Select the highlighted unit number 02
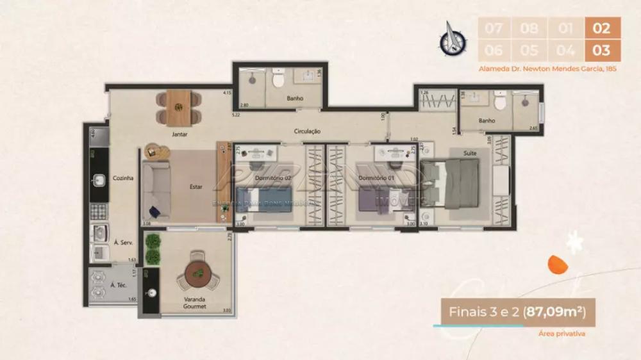pyautogui.click(x=602, y=28)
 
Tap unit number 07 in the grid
pyautogui.click(x=493, y=28)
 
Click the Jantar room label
pyautogui.click(x=179, y=135)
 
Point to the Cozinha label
pyautogui.click(x=123, y=178)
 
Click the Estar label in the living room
pyautogui.click(x=196, y=187)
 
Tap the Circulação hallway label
pyautogui.click(x=307, y=131)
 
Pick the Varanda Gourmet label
pyautogui.click(x=194, y=302)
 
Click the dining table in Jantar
pyautogui.click(x=178, y=107)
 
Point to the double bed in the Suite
pyautogui.click(x=452, y=184)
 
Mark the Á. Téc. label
pyautogui.click(x=117, y=285)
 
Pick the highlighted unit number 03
pyautogui.click(x=602, y=50)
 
